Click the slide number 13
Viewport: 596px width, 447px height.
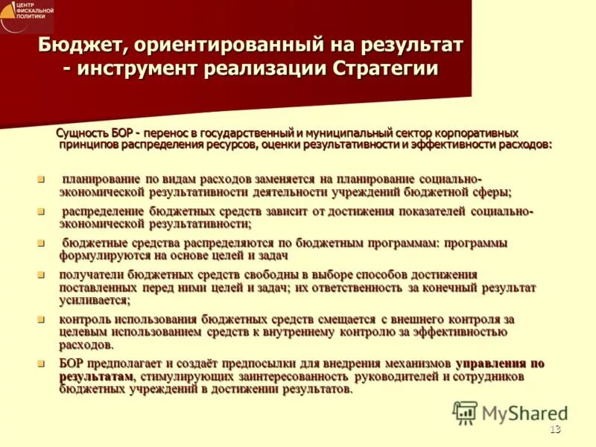point(554,428)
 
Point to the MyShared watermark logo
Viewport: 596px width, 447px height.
point(510,413)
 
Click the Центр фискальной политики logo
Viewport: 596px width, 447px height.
point(27,15)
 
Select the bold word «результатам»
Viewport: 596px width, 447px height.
point(96,376)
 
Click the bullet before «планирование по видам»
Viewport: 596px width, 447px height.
point(42,180)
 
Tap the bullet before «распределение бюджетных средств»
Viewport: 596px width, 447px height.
point(42,212)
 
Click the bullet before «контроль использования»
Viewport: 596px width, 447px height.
point(42,320)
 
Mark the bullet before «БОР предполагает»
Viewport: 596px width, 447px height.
point(42,364)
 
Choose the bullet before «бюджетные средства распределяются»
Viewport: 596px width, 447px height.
point(42,243)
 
